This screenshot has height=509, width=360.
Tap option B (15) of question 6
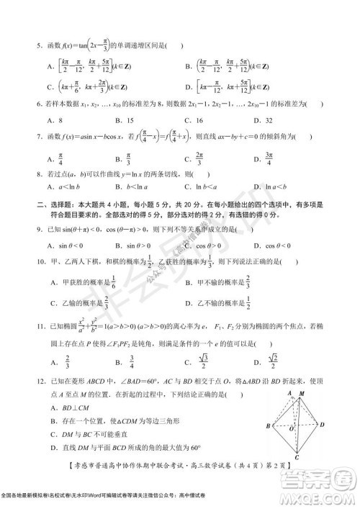click(x=128, y=120)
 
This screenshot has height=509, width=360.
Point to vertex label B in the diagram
click(x=269, y=427)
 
